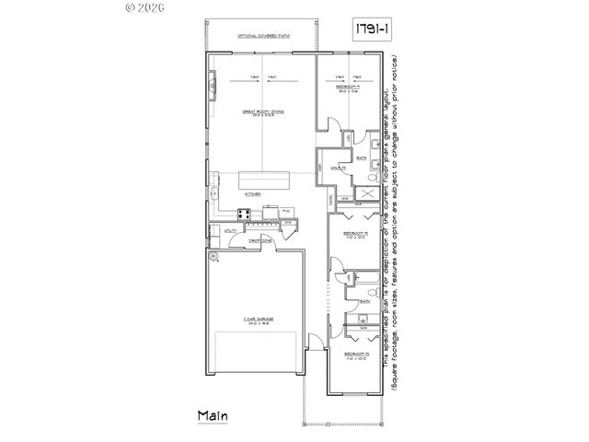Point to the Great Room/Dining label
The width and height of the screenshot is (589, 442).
[x=263, y=112]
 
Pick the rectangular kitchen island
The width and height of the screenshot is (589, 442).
[x=263, y=180]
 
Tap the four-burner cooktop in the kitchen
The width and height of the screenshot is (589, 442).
[x=246, y=215]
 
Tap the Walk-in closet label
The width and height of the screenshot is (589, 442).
[x=338, y=168]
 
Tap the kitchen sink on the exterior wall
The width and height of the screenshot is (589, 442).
[x=213, y=194]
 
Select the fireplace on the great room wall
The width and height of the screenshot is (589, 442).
[x=211, y=89]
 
